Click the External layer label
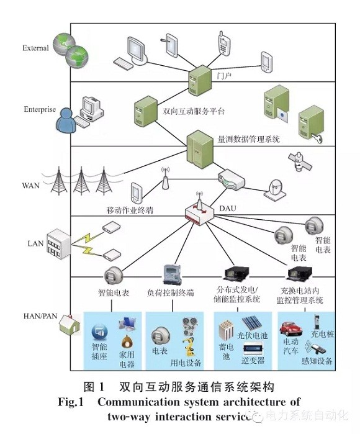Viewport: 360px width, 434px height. coord(35,48)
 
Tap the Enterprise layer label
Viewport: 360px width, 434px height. coord(40,109)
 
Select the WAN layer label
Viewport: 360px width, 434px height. coord(30,186)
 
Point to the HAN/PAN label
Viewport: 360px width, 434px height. coord(40,316)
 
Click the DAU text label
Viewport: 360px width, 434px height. coord(228,209)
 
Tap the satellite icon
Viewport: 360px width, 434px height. coord(300,161)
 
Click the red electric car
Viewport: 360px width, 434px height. coord(290,329)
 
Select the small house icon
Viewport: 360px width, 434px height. coord(69,324)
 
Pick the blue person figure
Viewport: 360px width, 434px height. coord(66,121)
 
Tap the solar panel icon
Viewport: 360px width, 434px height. coord(251,323)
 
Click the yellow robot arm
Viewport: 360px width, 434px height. coord(189,346)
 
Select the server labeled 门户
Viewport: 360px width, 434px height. coord(200,80)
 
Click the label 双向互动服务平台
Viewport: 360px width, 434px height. coord(194,111)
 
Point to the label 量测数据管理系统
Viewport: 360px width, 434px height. coord(249,139)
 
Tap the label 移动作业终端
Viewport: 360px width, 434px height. coord(130,210)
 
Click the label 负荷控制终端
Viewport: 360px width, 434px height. coord(171,292)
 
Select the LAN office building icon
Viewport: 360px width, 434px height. coord(58,244)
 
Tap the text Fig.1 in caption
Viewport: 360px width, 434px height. coord(71,402)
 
